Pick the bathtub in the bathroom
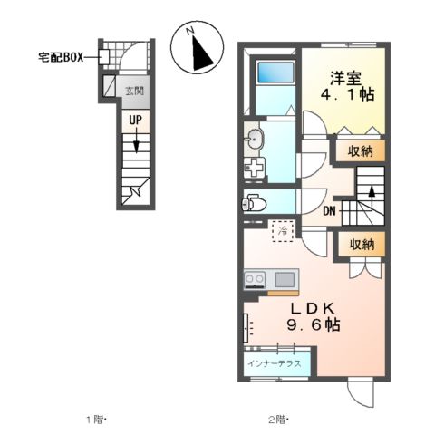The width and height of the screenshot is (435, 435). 271,72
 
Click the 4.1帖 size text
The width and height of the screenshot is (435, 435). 345,94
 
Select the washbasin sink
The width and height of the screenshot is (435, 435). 255,139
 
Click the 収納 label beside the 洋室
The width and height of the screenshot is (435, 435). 361,150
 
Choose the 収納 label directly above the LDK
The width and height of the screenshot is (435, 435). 361,244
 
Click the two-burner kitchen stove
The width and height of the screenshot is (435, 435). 255,278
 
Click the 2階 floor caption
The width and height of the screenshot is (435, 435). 277,420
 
